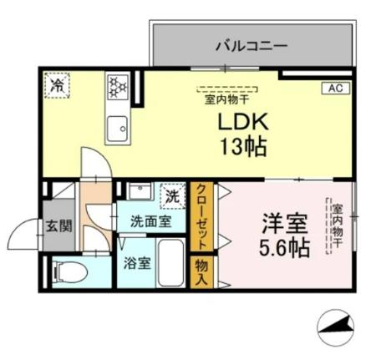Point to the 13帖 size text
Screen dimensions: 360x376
click(243, 148)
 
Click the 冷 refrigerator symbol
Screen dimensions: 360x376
click(57, 85)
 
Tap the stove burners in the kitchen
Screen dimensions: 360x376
click(115, 85)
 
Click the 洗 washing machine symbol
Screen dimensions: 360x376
click(171, 197)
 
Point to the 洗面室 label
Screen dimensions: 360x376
click(150, 221)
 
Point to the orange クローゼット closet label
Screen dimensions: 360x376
click(201, 216)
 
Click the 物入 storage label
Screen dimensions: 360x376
click(201, 271)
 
